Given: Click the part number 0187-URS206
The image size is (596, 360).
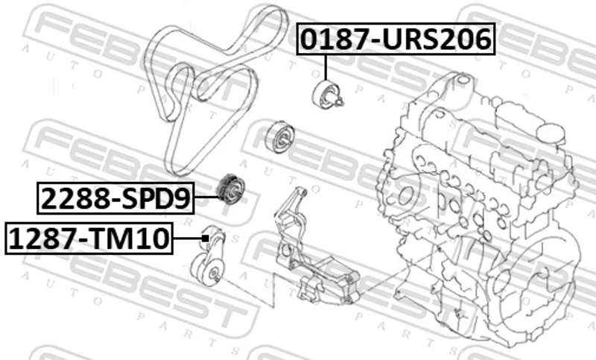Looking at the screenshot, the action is point(396,40).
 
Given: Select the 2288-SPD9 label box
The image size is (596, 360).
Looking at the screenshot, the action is point(115,198).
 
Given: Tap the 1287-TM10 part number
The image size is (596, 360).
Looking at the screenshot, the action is point(89,239).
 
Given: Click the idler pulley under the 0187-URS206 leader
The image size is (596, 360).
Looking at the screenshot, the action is point(325,95).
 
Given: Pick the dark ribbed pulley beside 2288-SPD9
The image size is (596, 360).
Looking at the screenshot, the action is point(230,189).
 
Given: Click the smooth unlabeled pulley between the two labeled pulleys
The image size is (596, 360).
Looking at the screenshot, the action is point(281,137).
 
